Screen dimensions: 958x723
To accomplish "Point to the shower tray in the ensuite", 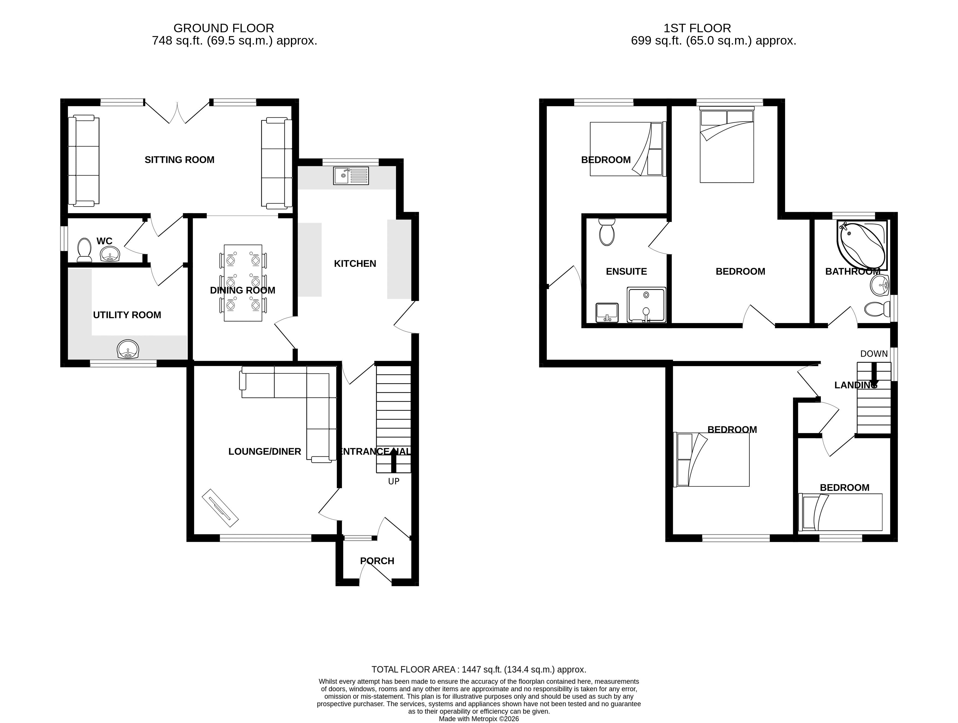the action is [x=646, y=305].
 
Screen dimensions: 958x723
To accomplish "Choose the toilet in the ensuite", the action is [x=606, y=232].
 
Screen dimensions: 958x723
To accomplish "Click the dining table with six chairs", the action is [x=243, y=283].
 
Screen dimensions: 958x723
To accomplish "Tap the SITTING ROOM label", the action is [x=179, y=160].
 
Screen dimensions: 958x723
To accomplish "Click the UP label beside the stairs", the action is [x=393, y=481].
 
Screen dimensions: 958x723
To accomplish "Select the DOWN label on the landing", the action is [x=874, y=354].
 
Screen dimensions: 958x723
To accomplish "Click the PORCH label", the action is [x=377, y=561].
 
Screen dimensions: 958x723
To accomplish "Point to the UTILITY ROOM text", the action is [x=127, y=315].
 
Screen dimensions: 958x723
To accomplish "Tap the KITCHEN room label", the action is [x=355, y=264].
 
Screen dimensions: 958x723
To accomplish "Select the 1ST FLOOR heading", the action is [x=697, y=28].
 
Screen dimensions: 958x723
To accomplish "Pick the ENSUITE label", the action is [x=626, y=271].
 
